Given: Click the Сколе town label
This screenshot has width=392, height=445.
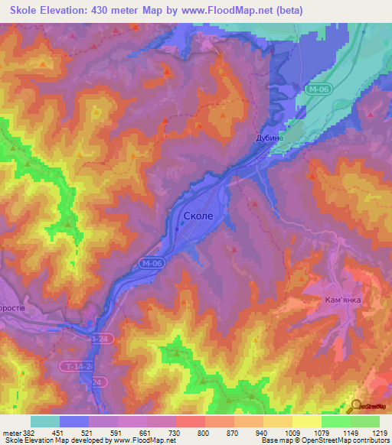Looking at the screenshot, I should click(204, 216).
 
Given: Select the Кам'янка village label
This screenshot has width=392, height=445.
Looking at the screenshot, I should click(342, 300).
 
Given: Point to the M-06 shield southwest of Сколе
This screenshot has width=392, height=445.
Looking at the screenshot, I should click(152, 264).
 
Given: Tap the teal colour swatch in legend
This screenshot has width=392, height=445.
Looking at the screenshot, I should click(45, 421).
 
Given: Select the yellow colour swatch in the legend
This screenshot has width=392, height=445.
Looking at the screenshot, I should click(306, 421).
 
